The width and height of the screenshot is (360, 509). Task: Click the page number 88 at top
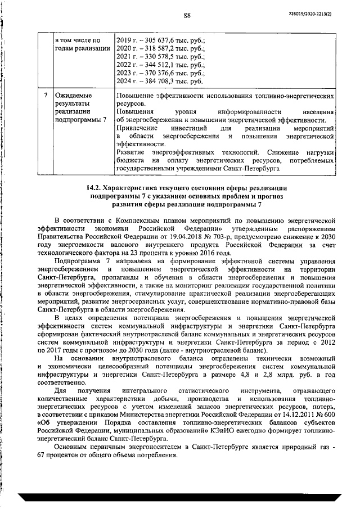[x=188, y=15]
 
